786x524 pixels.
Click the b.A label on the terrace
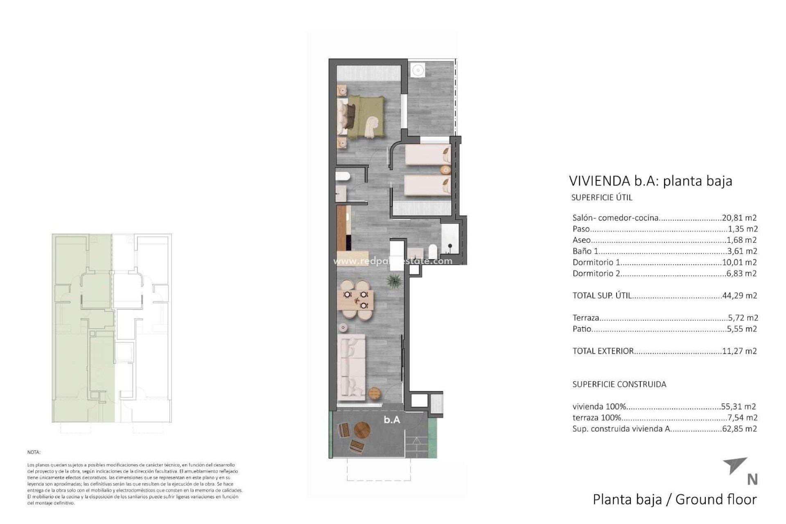tap(392, 420)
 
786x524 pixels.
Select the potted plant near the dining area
tap(395, 281)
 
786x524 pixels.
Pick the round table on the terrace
tap(362, 430)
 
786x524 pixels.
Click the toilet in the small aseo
tap(343, 177)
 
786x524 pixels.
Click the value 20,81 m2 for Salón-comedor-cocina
tap(739, 218)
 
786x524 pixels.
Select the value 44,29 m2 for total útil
tap(739, 295)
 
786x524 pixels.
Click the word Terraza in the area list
tap(586, 318)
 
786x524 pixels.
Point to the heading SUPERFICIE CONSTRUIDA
tap(619, 384)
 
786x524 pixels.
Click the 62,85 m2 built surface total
tap(739, 429)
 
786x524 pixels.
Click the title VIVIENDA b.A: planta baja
tap(650, 181)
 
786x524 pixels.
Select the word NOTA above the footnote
tap(34, 452)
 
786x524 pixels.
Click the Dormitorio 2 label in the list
tap(596, 273)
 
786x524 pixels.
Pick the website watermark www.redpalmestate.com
tap(393, 261)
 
